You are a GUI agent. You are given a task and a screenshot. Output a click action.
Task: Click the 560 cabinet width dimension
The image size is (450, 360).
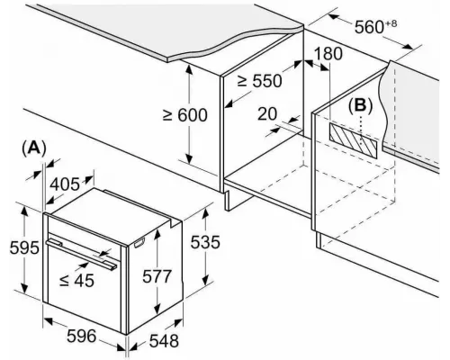[375, 26]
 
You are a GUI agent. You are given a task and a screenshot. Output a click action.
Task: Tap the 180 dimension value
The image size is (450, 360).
[328, 54]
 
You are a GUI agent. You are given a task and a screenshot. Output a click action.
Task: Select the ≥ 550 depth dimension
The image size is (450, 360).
[260, 81]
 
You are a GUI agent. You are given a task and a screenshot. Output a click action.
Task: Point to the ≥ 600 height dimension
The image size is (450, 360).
[184, 115]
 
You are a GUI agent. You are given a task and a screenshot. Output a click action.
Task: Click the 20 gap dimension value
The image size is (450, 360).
[267, 114]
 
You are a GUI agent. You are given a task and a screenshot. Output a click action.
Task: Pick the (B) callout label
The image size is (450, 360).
[360, 105]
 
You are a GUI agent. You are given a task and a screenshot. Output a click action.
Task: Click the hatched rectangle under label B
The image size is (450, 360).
[353, 140]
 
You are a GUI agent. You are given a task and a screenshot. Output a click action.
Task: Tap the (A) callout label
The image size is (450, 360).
[34, 148]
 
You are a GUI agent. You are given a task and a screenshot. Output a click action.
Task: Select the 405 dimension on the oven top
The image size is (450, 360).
[65, 184]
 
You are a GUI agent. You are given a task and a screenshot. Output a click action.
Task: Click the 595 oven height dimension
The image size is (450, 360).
[24, 247]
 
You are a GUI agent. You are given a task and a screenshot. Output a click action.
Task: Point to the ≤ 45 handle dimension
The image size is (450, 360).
[76, 280]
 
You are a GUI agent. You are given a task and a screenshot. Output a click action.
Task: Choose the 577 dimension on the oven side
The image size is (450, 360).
[157, 276]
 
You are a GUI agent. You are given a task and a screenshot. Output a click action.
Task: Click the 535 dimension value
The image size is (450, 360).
[205, 242]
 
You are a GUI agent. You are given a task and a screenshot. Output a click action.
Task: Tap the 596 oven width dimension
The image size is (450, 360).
[81, 336]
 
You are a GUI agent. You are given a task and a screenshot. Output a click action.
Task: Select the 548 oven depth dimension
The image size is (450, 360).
[164, 341]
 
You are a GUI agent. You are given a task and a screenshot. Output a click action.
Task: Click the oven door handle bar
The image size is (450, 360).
[81, 254]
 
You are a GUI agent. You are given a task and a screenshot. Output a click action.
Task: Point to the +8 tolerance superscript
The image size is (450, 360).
[391, 23]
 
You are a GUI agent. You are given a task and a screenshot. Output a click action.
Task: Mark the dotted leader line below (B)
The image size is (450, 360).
[361, 131]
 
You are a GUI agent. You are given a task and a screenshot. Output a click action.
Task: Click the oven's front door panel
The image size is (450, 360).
[85, 282]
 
